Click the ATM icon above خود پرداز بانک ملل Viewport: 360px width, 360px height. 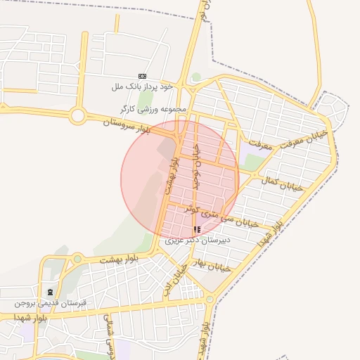click(143, 76)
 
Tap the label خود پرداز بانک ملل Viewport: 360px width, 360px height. click(143, 87)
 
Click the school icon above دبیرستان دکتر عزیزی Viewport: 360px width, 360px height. click(198, 229)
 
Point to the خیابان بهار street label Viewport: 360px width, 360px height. click(210, 267)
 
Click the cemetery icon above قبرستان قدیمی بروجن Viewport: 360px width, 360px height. click(49, 292)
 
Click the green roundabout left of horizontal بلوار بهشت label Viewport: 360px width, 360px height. click(77, 259)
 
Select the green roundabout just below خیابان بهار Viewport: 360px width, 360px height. click(210, 299)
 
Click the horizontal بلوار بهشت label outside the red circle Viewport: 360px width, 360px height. click(119, 259)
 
